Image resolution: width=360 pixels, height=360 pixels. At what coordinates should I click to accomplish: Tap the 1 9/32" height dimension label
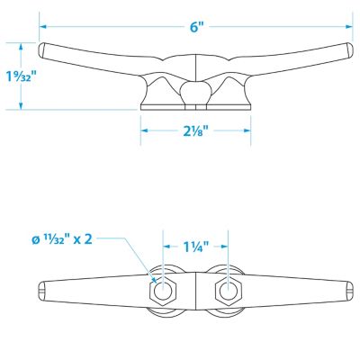pos(21,76)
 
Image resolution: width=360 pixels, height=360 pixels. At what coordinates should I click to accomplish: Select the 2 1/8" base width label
pos(193,130)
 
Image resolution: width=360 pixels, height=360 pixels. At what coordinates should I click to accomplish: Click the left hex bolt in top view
pos(163,290)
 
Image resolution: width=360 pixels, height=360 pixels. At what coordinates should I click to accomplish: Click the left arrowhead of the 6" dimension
pos(42,27)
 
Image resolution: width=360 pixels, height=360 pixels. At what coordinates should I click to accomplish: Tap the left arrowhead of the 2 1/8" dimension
pos(144,130)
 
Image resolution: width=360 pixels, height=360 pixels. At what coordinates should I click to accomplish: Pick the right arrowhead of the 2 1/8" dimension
pos(247,130)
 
